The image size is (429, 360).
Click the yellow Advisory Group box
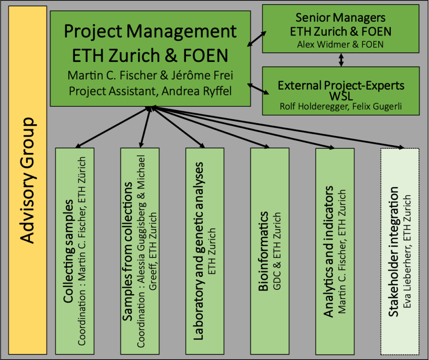point(28,180)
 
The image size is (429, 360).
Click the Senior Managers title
point(340,18)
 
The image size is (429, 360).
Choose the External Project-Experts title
point(341,85)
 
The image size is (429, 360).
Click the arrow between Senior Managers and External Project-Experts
point(341,59)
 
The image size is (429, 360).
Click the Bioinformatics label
point(263,251)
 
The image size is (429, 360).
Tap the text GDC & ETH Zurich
point(276,251)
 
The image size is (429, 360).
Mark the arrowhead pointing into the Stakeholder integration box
point(403,147)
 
